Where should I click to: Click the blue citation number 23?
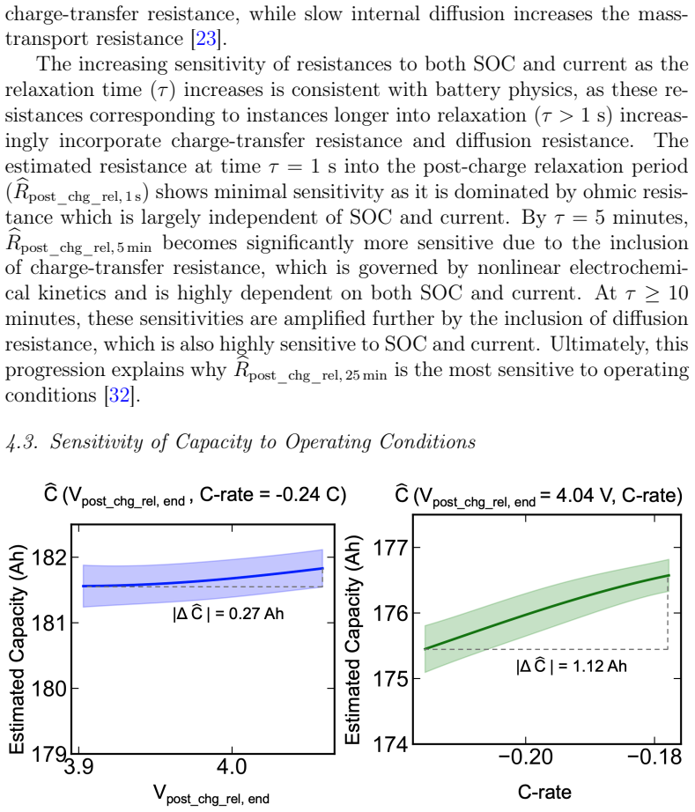[x=206, y=39]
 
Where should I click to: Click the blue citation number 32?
[x=120, y=395]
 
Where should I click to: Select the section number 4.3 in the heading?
[x=22, y=442]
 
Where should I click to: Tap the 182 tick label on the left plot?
[x=49, y=557]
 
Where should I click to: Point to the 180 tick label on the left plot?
[x=49, y=689]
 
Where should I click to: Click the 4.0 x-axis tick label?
[x=232, y=765]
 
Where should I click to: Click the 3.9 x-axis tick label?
[x=78, y=765]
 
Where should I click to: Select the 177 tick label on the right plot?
[x=390, y=548]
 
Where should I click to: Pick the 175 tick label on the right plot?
[x=390, y=678]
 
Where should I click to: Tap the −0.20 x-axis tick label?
[x=525, y=757]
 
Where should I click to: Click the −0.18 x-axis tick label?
[x=654, y=757]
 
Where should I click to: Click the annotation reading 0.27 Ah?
[x=255, y=614]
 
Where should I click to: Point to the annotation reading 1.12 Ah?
[x=599, y=666]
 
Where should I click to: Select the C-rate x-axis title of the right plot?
[x=544, y=792]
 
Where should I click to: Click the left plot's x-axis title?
[x=211, y=794]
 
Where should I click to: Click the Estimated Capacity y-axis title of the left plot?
[x=17, y=649]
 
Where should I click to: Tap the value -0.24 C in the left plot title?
[x=305, y=495]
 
